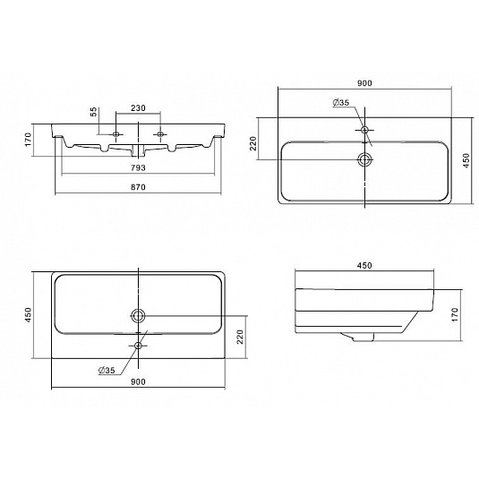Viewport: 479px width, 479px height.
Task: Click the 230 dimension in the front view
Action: point(139,108)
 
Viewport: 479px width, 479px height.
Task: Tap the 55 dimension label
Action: point(94,112)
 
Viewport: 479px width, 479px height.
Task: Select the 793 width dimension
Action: point(139,167)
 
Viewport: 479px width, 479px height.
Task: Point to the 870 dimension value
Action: point(139,187)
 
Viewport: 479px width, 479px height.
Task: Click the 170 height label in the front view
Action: point(28,140)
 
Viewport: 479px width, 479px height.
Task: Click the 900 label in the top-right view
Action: point(364,83)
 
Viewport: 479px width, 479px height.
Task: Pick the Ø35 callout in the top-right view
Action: point(341,103)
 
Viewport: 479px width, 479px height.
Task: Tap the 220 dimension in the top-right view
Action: point(253,143)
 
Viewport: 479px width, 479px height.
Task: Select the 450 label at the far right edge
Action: point(466,160)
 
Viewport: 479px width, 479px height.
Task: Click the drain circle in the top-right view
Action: point(364,159)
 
